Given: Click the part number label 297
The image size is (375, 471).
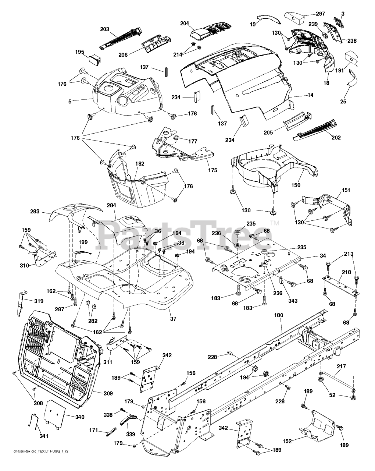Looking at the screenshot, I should point(321,14).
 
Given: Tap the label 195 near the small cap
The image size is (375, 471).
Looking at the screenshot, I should point(80,52).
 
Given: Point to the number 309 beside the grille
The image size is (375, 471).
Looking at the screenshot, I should point(108,394).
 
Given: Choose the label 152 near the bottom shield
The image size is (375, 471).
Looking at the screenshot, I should point(287,441).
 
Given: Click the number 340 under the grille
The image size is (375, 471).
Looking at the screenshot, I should point(80,417).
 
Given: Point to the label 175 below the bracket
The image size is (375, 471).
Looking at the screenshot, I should point(213,170).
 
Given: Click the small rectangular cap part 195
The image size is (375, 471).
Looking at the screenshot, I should point(96,59).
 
